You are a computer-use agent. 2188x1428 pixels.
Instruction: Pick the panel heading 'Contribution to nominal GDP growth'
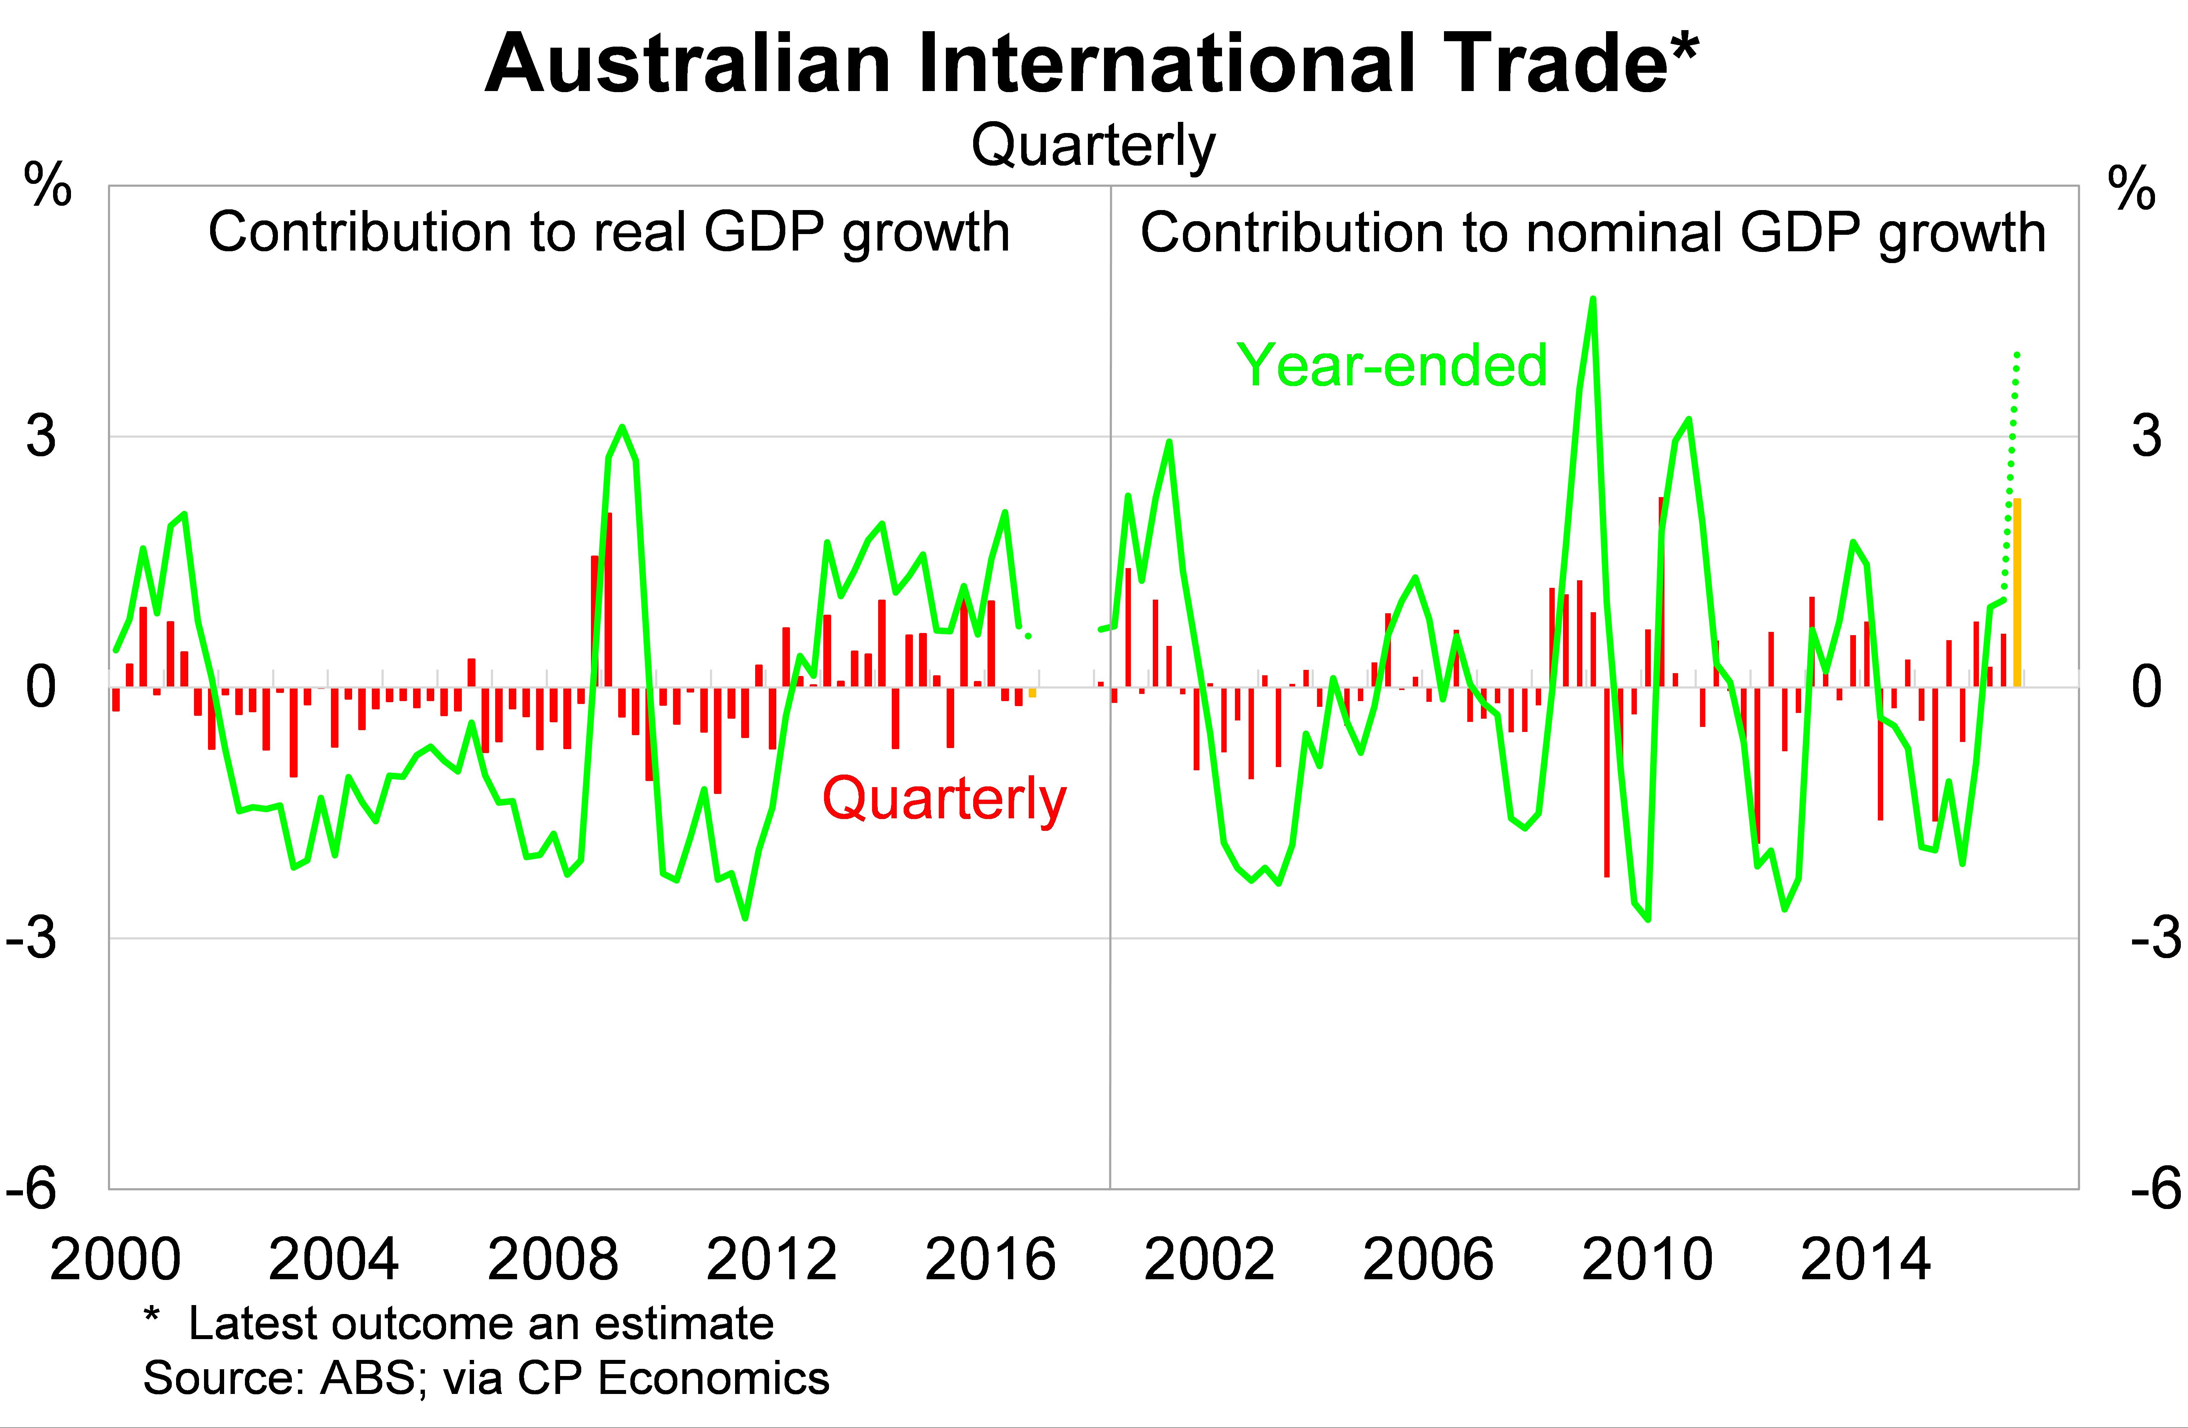click(x=1593, y=233)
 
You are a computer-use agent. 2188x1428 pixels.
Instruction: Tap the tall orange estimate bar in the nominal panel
click(x=2017, y=593)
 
